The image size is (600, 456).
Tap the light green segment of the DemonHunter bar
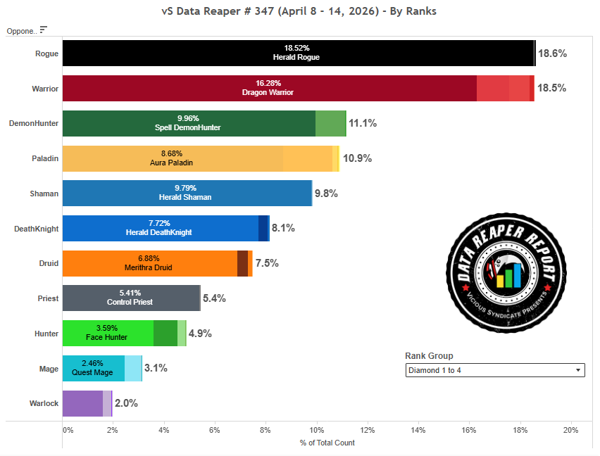click(x=330, y=123)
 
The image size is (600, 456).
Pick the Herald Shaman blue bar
click(x=187, y=194)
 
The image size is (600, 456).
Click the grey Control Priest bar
click(x=131, y=298)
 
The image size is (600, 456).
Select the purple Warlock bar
click(x=82, y=403)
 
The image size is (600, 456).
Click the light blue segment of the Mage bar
click(x=133, y=368)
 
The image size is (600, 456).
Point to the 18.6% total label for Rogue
click(x=552, y=53)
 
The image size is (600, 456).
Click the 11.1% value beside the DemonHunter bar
click(x=363, y=123)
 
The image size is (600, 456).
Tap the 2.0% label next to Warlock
click(x=126, y=403)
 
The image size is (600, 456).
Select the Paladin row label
click(x=44, y=158)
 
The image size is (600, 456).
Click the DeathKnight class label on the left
click(x=37, y=229)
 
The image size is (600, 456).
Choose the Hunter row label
click(x=46, y=334)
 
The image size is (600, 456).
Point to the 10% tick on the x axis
click(x=316, y=430)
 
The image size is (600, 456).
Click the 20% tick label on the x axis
click(x=570, y=430)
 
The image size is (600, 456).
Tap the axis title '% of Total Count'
click(x=327, y=443)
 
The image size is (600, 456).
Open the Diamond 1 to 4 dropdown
click(x=494, y=370)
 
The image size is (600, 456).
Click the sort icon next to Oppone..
click(x=44, y=30)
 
